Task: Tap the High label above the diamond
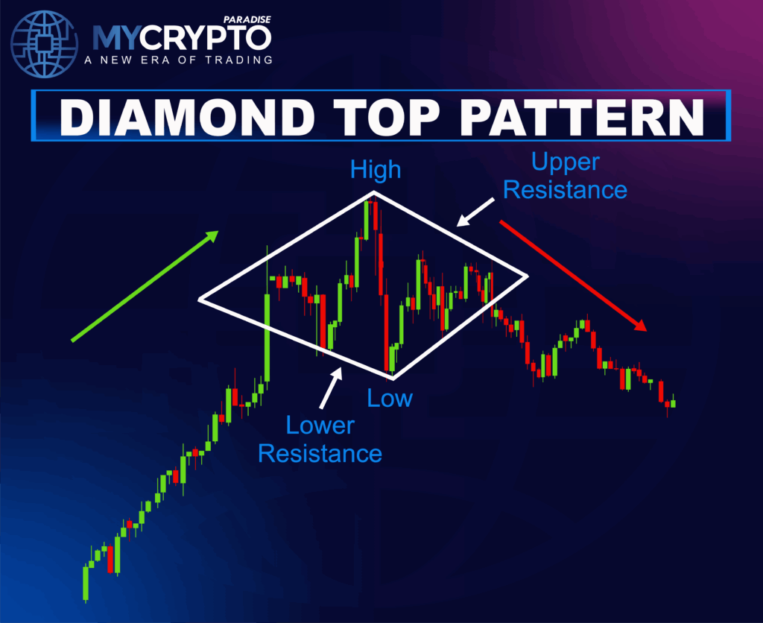(x=376, y=170)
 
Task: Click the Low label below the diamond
(x=390, y=398)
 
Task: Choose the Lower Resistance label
(x=320, y=439)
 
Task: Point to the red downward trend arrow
(x=572, y=274)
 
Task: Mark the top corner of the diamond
(x=373, y=192)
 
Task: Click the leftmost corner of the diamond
(x=200, y=300)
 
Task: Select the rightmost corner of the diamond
(x=527, y=276)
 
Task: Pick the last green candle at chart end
(x=673, y=403)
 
